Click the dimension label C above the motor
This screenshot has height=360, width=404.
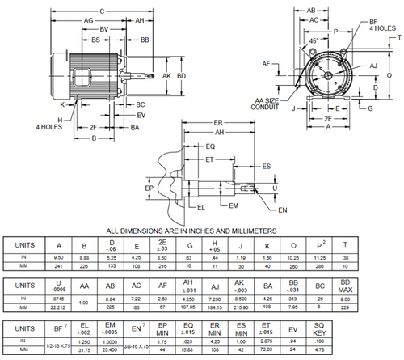pyautogui.click(x=100, y=10)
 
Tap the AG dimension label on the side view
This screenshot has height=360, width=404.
pyautogui.click(x=87, y=20)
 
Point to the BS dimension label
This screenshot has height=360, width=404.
pyautogui.click(x=95, y=39)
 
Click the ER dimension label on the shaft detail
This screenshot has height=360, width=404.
pyautogui.click(x=217, y=122)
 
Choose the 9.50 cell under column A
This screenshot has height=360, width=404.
pyautogui.click(x=58, y=257)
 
